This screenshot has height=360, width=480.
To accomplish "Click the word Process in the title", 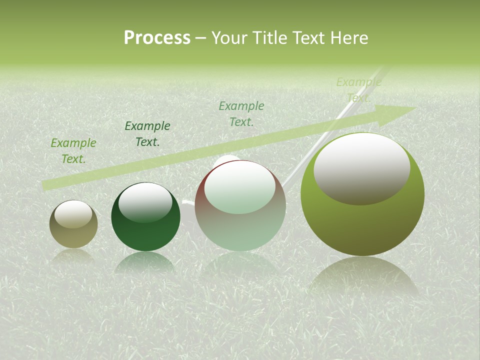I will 157,38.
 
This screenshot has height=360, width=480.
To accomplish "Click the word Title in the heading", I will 269,38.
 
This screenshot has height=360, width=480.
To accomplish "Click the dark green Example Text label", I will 147,134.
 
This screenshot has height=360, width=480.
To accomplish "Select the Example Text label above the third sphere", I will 241,114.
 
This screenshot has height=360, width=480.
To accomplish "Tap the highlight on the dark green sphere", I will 145,202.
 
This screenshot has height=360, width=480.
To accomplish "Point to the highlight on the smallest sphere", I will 73,214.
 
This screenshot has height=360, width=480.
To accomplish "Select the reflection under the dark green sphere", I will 145,262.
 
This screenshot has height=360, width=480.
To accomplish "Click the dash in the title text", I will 200,38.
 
